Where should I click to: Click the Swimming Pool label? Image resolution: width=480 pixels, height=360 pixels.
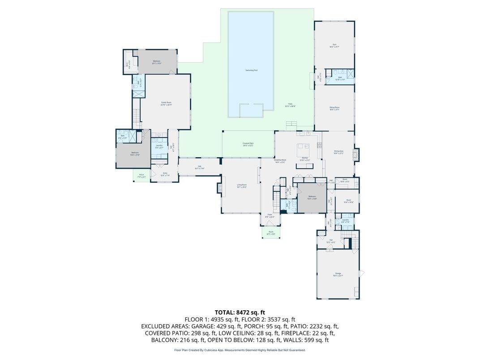(251, 71)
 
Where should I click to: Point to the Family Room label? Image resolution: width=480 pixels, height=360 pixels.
(167, 103)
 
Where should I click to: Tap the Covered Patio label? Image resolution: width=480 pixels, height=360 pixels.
(248, 144)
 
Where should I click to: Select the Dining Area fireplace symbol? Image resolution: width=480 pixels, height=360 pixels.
(356, 154)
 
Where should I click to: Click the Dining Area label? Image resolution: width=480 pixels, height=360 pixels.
(339, 152)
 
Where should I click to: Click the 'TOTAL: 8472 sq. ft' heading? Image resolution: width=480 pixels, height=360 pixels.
(240, 312)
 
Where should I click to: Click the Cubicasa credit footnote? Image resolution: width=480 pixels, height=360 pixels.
(240, 350)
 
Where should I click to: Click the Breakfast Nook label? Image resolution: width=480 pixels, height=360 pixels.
(280, 160)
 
